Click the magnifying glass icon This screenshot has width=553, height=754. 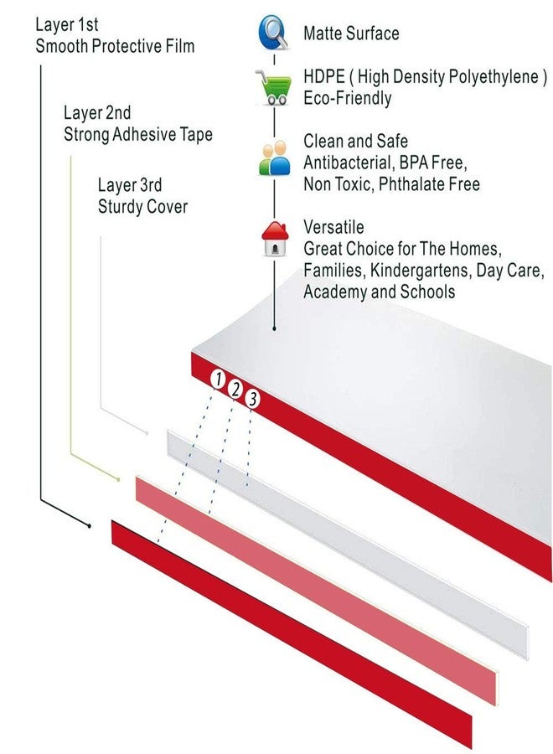[x=274, y=32]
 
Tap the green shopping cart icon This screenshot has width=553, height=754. [x=274, y=87]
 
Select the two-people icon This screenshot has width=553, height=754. [x=275, y=158]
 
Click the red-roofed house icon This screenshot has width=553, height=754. [x=275, y=239]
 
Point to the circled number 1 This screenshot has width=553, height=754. [x=218, y=379]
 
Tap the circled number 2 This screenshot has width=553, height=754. [x=235, y=389]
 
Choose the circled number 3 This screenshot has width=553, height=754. [x=252, y=399]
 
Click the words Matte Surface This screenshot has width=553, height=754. [x=351, y=34]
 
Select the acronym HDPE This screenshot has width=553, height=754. [x=324, y=76]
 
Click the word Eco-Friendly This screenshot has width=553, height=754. [x=347, y=98]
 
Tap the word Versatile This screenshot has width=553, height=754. [x=333, y=227]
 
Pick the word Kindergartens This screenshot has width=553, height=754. [x=419, y=271]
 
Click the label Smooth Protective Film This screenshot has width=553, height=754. [x=115, y=46]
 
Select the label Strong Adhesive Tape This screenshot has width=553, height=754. [x=138, y=134]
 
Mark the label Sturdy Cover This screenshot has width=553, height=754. [x=142, y=207]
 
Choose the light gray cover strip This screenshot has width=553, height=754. [x=347, y=545]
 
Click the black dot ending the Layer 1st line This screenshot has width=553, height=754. [x=90, y=526]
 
